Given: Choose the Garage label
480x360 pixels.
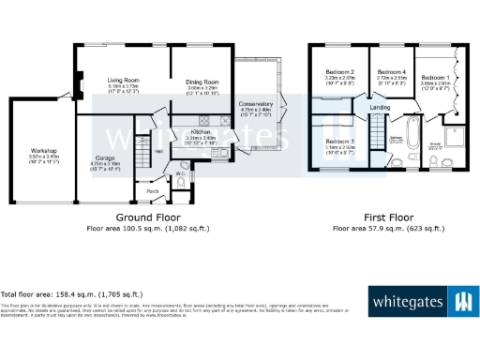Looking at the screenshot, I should pyautogui.click(x=103, y=158).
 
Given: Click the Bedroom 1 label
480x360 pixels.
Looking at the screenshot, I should pyautogui.click(x=435, y=77).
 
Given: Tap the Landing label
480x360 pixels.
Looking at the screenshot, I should pyautogui.click(x=380, y=108).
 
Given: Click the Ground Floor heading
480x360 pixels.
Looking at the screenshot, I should pyautogui.click(x=154, y=217).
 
